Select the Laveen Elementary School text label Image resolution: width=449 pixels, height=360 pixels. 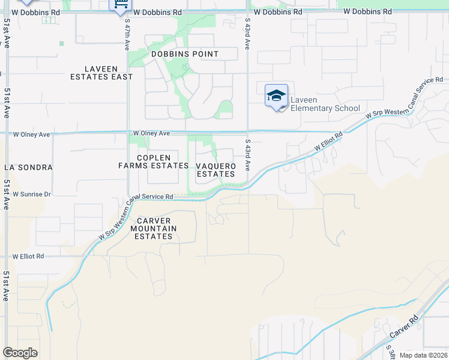(x=325, y=104)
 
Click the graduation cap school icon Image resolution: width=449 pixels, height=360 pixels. (x=276, y=96)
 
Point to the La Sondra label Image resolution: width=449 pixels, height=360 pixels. (x=28, y=167)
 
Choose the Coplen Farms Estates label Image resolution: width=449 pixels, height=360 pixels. (x=154, y=161)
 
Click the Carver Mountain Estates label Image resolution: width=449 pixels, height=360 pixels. (x=154, y=229)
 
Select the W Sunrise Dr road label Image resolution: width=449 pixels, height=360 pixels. (x=27, y=194)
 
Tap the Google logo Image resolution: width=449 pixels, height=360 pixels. (x=20, y=353)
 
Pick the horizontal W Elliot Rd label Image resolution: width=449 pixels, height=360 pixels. (x=28, y=256)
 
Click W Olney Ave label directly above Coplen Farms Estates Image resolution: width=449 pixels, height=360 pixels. (x=152, y=133)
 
